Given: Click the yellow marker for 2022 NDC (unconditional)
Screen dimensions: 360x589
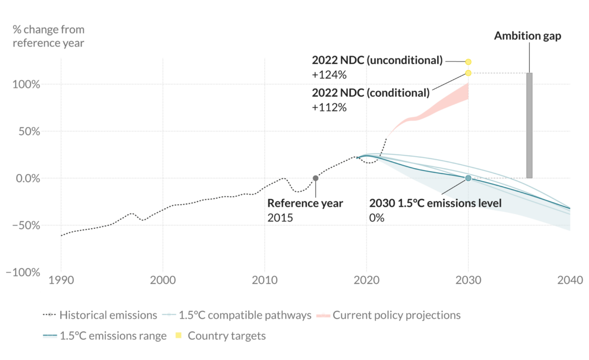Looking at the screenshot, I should pyautogui.click(x=468, y=62).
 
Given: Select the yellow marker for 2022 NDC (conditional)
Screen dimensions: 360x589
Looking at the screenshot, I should pyautogui.click(x=468, y=73).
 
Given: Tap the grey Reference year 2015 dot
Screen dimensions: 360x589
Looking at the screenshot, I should pyautogui.click(x=315, y=178).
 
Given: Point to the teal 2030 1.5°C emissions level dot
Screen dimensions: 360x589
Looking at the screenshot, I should pyautogui.click(x=468, y=178).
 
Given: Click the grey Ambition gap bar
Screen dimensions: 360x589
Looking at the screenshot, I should pyautogui.click(x=529, y=125).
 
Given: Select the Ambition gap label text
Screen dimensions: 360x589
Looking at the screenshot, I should pyautogui.click(x=528, y=36).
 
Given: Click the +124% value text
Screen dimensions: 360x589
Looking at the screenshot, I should pyautogui.click(x=329, y=75).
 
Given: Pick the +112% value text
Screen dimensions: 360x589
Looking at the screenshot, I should pyautogui.click(x=329, y=108).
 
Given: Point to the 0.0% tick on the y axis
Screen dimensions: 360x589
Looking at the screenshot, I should pyautogui.click(x=26, y=178).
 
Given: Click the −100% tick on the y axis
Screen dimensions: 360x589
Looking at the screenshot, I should pyautogui.click(x=23, y=272).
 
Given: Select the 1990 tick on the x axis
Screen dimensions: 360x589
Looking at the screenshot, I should pyautogui.click(x=61, y=281).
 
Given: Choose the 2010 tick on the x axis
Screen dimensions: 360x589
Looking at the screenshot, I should pyautogui.click(x=265, y=281).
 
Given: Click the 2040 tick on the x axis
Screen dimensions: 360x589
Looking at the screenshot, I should pyautogui.click(x=570, y=281).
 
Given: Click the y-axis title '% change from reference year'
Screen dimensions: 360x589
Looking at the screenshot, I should pyautogui.click(x=48, y=37).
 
